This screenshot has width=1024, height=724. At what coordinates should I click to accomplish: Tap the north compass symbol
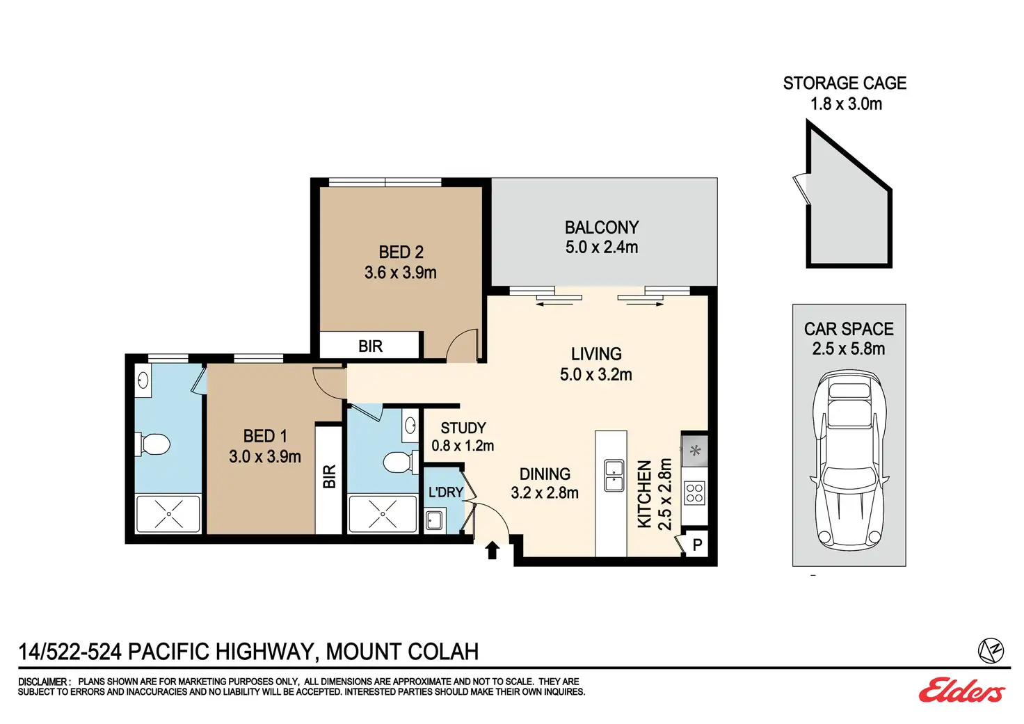pyautogui.click(x=991, y=650)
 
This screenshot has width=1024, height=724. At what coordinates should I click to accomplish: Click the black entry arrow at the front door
pyautogui.click(x=492, y=550)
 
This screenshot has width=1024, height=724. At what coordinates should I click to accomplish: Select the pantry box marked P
pyautogui.click(x=696, y=545)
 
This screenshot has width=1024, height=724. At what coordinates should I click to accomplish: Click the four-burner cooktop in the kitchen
pyautogui.click(x=694, y=493)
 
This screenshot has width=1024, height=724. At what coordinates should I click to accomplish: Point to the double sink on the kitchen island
pyautogui.click(x=614, y=475)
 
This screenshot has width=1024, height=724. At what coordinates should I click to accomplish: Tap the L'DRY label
pyautogui.click(x=446, y=492)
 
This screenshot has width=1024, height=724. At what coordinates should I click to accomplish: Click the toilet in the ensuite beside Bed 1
pyautogui.click(x=152, y=444)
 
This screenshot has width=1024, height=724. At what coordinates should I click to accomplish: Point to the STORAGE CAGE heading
pyautogui.click(x=845, y=83)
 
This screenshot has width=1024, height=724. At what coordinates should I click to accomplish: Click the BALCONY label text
pyautogui.click(x=602, y=227)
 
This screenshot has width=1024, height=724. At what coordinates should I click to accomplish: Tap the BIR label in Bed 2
pyautogui.click(x=370, y=346)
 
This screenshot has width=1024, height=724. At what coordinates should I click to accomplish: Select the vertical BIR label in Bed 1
pyautogui.click(x=329, y=476)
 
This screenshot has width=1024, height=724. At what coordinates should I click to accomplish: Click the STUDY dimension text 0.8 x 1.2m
pyautogui.click(x=463, y=446)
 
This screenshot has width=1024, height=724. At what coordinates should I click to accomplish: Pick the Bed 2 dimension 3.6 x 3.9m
pyautogui.click(x=401, y=273)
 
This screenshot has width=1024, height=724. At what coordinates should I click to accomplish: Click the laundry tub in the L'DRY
pyautogui.click(x=433, y=520)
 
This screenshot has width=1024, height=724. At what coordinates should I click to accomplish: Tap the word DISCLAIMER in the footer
pyautogui.click(x=42, y=682)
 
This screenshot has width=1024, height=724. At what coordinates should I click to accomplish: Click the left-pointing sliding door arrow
pyautogui.click(x=554, y=304)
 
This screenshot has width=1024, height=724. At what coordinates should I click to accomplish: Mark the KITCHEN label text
pyautogui.click(x=644, y=494)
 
